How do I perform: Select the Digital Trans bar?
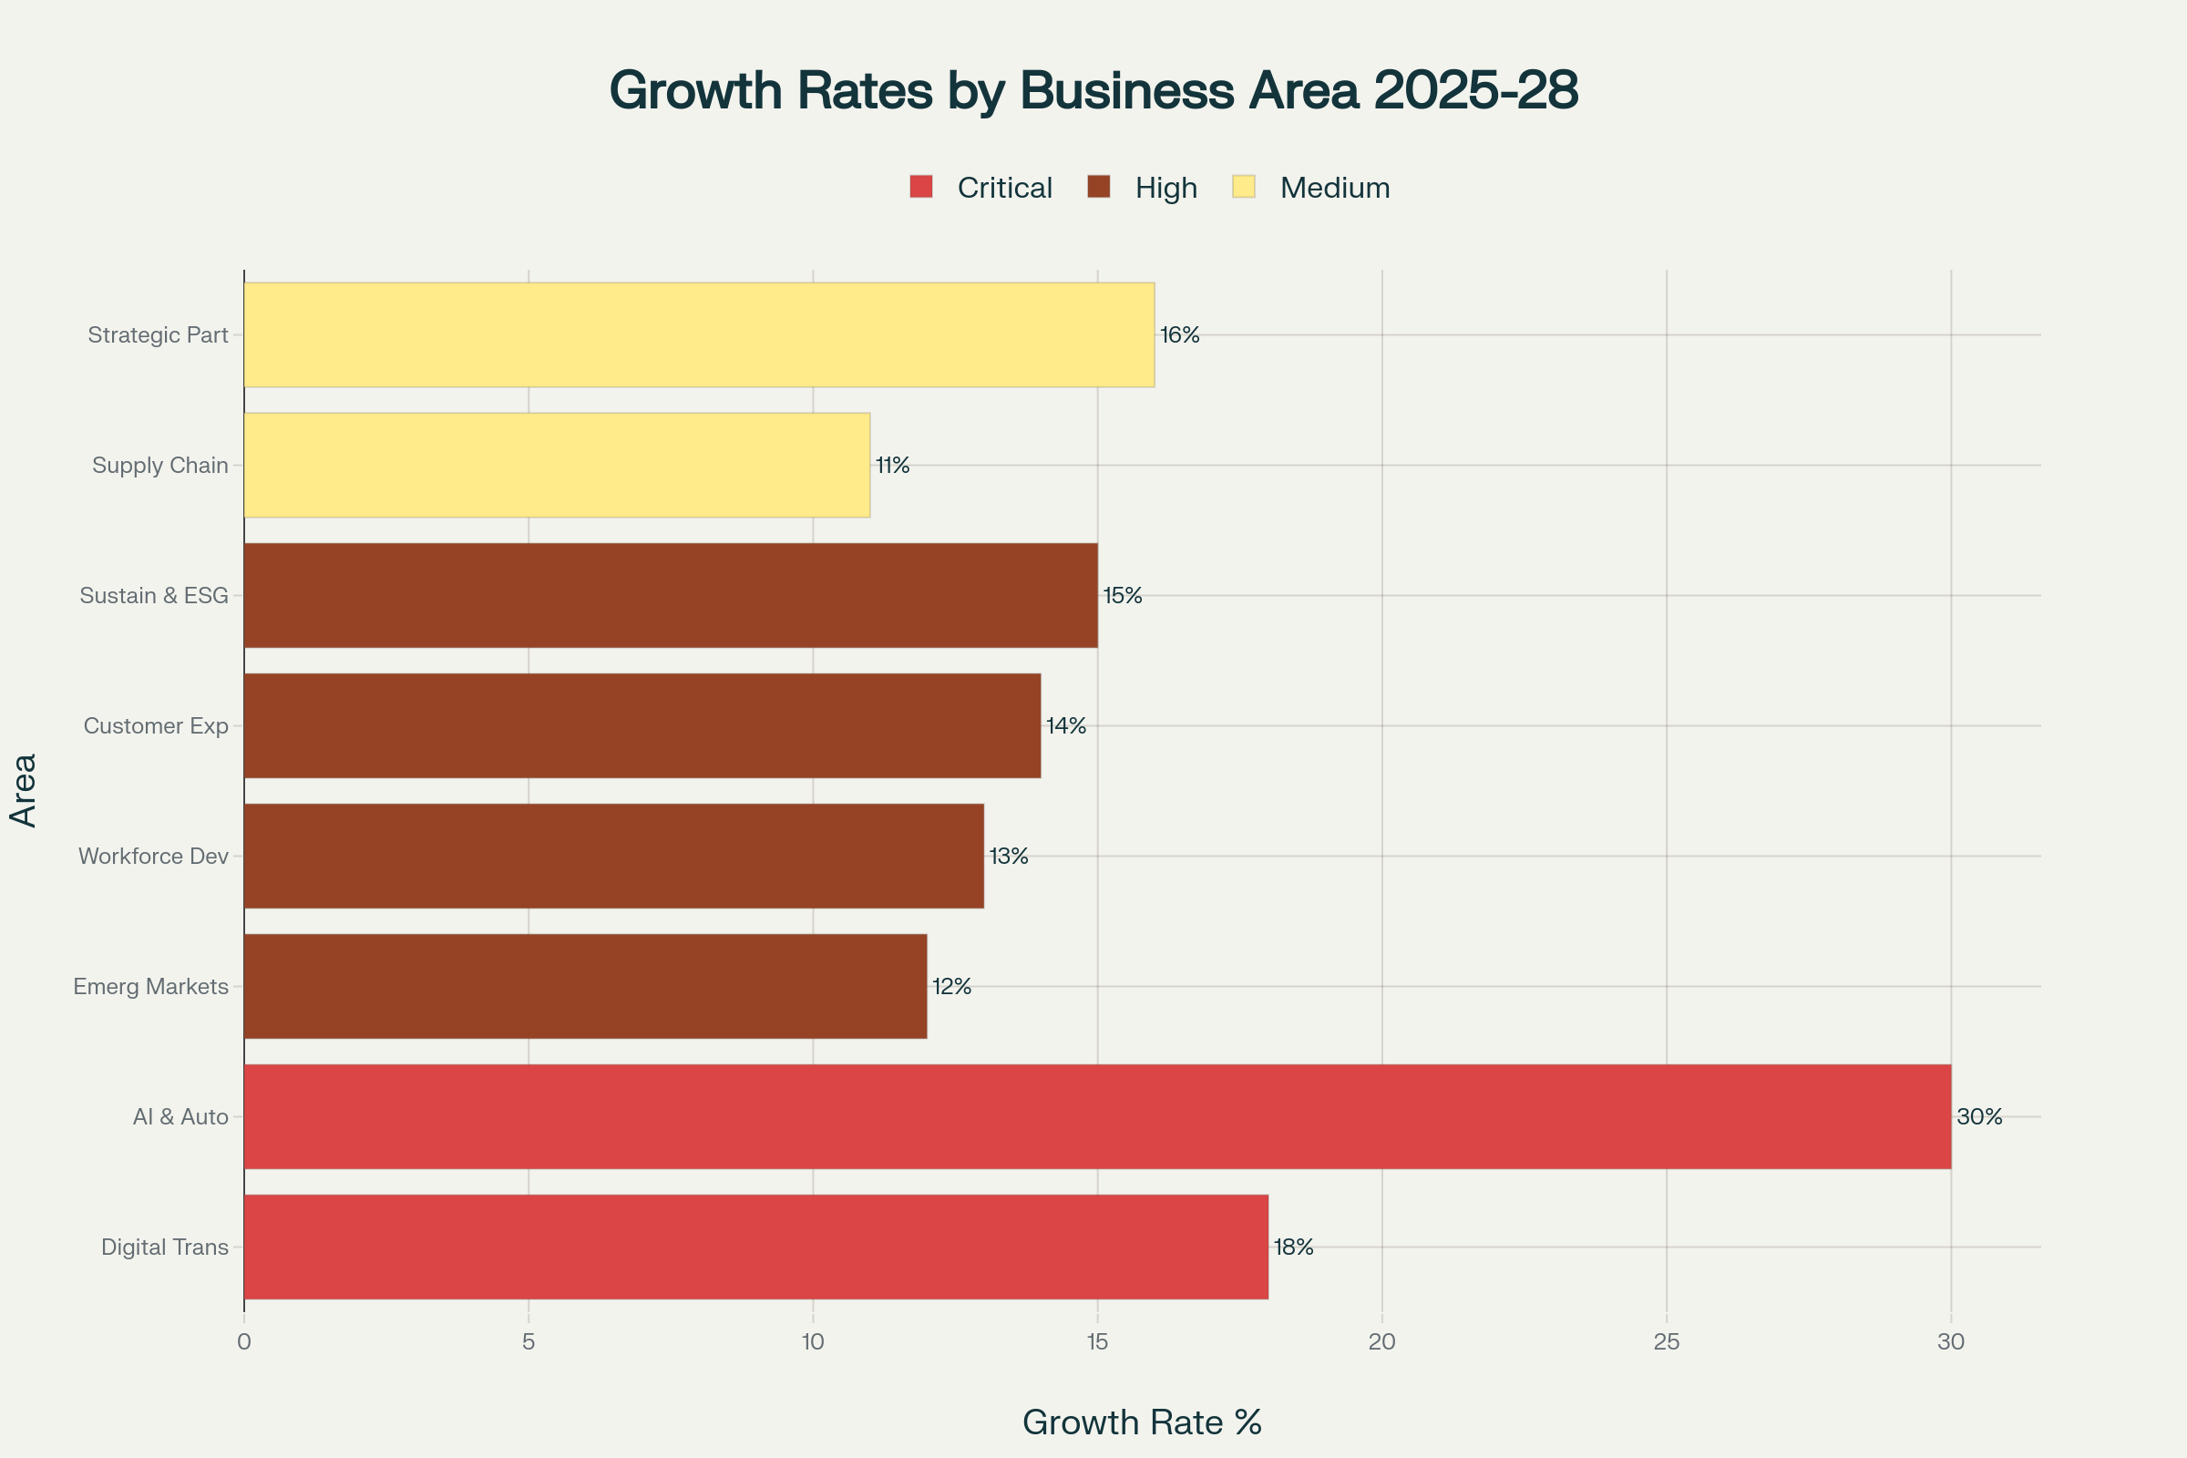pyautogui.click(x=755, y=1246)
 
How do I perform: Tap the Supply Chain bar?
pyautogui.click(x=556, y=465)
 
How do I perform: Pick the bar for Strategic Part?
pyautogui.click(x=698, y=334)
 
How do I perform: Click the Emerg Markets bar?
pyautogui.click(x=585, y=986)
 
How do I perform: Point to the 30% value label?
pyautogui.click(x=1978, y=1117)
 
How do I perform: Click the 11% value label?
pyautogui.click(x=893, y=465)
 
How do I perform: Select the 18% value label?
pyautogui.click(x=1293, y=1247)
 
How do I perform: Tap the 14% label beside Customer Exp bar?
pyautogui.click(x=1065, y=725)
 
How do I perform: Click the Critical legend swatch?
pyautogui.click(x=920, y=187)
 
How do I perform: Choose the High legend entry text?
pyautogui.click(x=1165, y=188)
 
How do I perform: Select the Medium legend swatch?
pyautogui.click(x=1243, y=187)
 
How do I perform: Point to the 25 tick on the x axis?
pyautogui.click(x=1667, y=1341)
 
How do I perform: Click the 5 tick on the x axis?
pyautogui.click(x=529, y=1341)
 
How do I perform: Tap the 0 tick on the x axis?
pyautogui.click(x=243, y=1341)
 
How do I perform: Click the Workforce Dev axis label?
pyautogui.click(x=153, y=857)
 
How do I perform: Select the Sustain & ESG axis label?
pyautogui.click(x=153, y=596)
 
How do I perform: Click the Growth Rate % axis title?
pyautogui.click(x=1142, y=1422)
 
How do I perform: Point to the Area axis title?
pyautogui.click(x=24, y=790)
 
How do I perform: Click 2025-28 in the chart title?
pyautogui.click(x=1474, y=90)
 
